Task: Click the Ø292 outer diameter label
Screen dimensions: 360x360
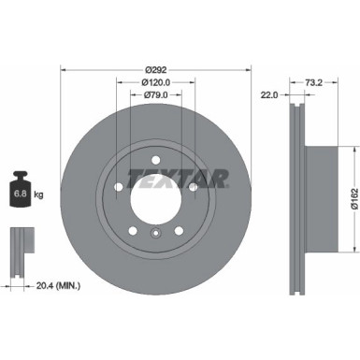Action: coord(156,67)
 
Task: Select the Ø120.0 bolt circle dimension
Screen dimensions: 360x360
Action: coord(156,81)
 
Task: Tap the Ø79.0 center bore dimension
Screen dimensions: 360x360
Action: coord(156,94)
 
